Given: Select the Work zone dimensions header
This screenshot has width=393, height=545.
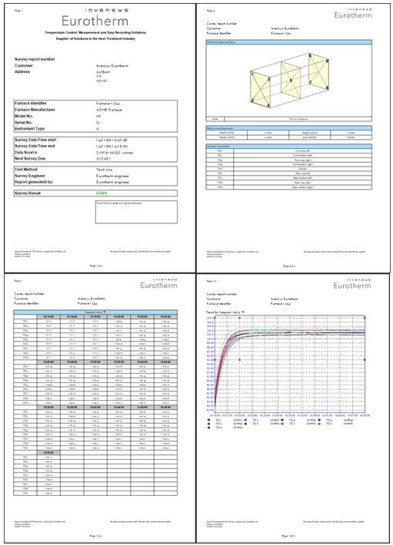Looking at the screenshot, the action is tap(225, 126).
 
